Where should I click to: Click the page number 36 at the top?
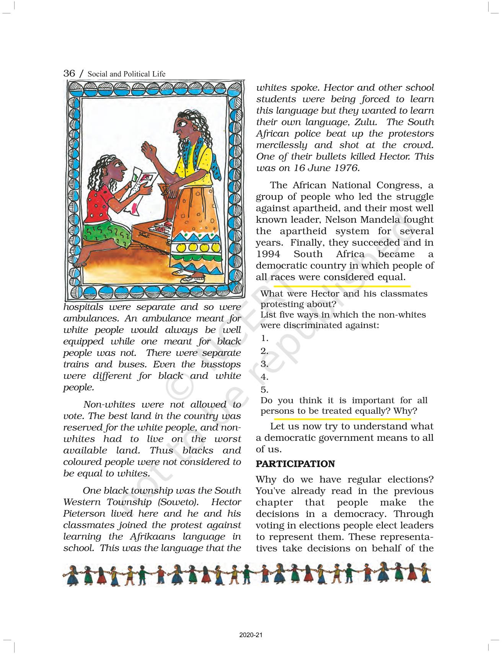coord(69,73)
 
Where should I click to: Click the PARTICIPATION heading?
coord(295,464)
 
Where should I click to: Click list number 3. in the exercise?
coord(264,364)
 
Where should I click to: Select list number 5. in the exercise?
coord(264,390)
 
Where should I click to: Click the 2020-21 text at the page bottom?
coord(251,635)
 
